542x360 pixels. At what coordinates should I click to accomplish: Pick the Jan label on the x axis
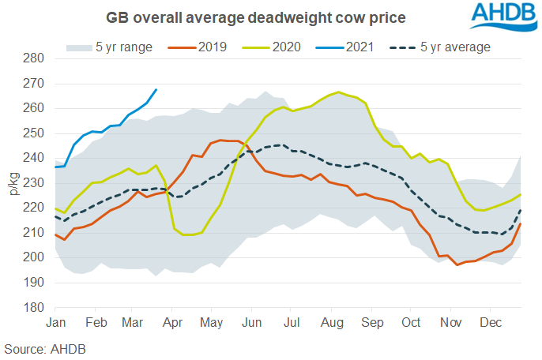point(56,324)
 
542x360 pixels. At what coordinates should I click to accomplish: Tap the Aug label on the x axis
point(330,324)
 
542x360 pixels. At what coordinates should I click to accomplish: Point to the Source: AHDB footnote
point(45,348)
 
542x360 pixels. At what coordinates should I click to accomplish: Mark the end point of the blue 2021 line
point(156,89)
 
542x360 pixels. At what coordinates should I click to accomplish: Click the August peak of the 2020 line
point(339,92)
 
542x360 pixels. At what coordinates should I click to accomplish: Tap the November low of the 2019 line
point(457,264)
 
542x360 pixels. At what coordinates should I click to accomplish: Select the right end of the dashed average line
point(519,209)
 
